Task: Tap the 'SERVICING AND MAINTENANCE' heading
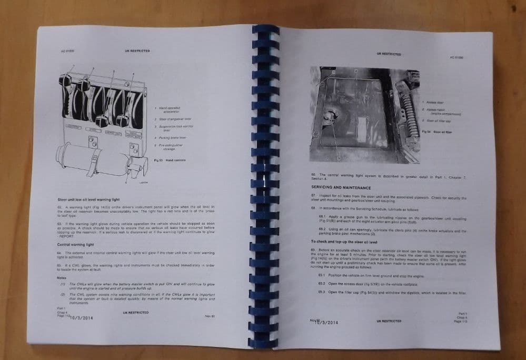[341, 187]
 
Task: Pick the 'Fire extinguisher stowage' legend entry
[168, 146]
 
